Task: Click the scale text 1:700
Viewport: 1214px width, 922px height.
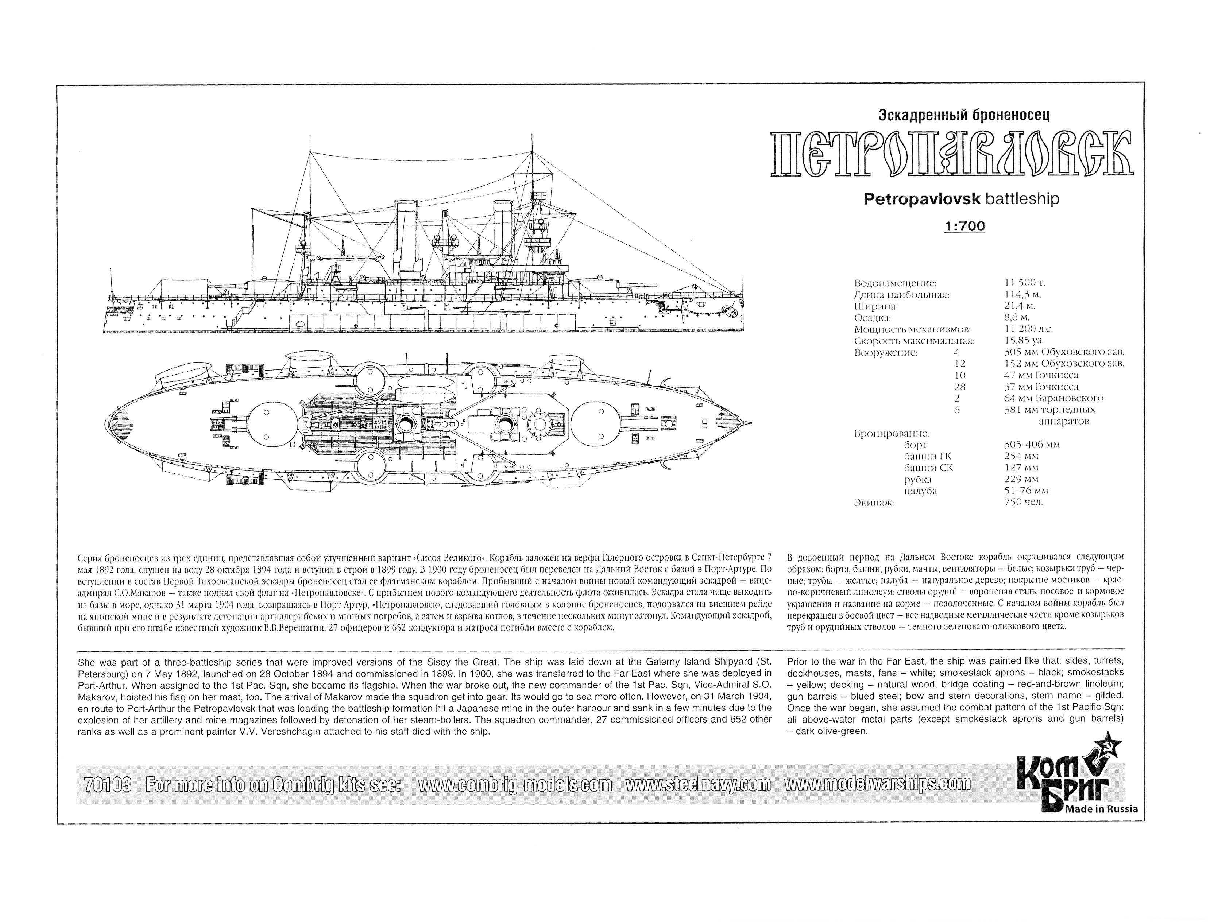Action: pyautogui.click(x=964, y=226)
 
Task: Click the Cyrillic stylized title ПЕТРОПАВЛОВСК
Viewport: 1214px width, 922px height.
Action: pyautogui.click(x=952, y=153)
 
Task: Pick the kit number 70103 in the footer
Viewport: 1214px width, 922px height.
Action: pyautogui.click(x=108, y=785)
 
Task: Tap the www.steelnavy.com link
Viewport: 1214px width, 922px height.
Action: pyautogui.click(x=698, y=785)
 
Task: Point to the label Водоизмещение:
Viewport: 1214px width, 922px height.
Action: pyautogui.click(x=895, y=283)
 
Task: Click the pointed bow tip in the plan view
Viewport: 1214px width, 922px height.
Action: pyautogui.click(x=751, y=423)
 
